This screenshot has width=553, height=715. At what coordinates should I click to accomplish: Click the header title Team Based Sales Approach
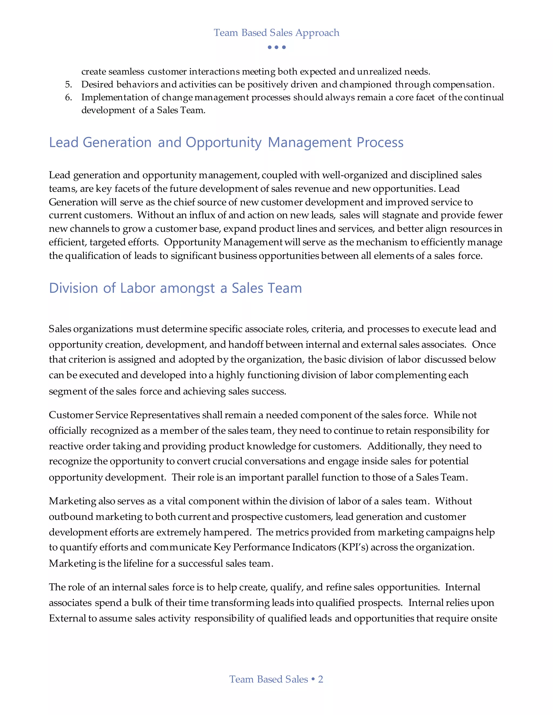coord(276,33)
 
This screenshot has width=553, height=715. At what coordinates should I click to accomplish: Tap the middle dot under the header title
coord(276,47)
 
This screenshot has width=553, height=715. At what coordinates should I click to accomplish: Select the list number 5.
coord(68,84)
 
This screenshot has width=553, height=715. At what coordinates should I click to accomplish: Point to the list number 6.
coord(68,97)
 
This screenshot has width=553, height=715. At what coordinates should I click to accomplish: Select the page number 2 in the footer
coord(321,679)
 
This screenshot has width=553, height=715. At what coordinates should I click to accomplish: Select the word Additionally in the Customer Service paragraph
coord(396,446)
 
